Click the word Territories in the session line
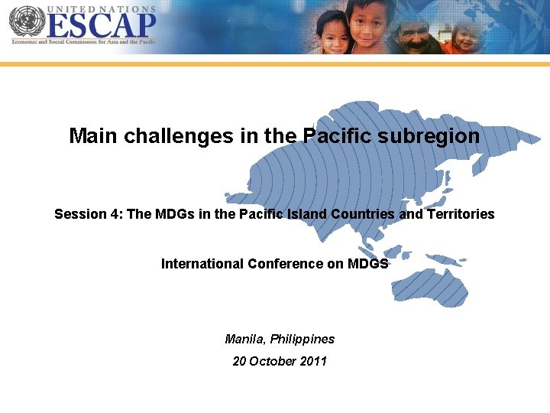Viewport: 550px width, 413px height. tap(461, 214)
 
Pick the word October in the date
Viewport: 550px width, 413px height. tap(273, 361)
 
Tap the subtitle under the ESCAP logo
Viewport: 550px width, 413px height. tap(82, 42)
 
